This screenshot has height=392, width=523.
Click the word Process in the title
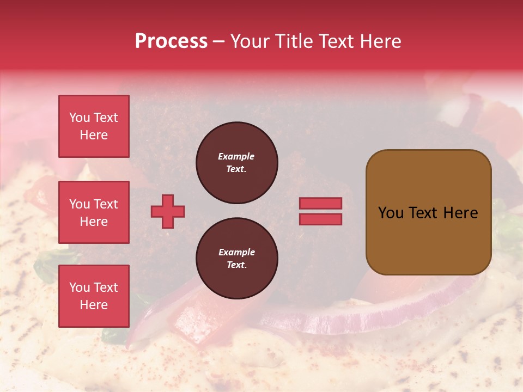pyautogui.click(x=171, y=41)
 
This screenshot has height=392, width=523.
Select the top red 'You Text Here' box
pyautogui.click(x=94, y=126)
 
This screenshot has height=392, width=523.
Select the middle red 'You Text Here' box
pyautogui.click(x=94, y=212)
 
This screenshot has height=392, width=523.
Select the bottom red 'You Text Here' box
pyautogui.click(x=94, y=296)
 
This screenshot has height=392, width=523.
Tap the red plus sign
pyautogui.click(x=168, y=211)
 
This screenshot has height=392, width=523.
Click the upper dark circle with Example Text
pyautogui.click(x=236, y=163)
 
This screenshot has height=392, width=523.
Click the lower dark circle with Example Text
pyautogui.click(x=236, y=259)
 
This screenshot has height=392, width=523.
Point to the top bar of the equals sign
pyautogui.click(x=320, y=204)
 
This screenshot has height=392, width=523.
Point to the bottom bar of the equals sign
pyautogui.click(x=320, y=219)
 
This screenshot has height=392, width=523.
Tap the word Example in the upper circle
pyautogui.click(x=236, y=156)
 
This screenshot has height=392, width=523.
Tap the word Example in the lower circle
pyautogui.click(x=236, y=252)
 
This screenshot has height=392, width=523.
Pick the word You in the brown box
pyautogui.click(x=391, y=213)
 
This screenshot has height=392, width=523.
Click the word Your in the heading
pyautogui.click(x=250, y=41)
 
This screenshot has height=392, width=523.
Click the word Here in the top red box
pyautogui.click(x=94, y=135)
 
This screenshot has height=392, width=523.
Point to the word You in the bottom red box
pyautogui.click(x=80, y=287)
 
